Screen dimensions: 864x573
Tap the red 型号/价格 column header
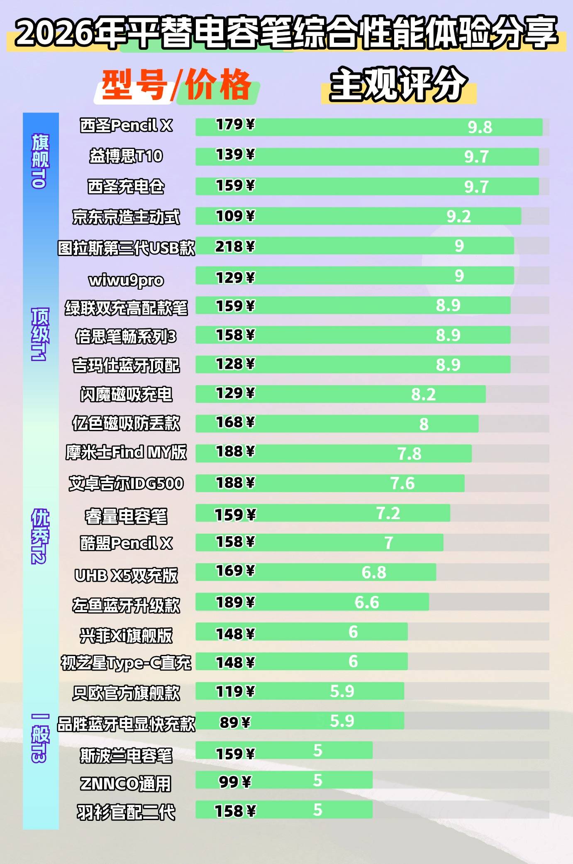point(176,85)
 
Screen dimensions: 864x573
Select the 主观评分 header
point(398,85)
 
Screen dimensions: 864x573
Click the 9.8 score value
point(480,127)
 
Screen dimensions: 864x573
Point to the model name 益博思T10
point(126,156)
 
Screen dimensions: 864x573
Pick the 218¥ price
point(234,247)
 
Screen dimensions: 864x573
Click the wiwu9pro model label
point(126,280)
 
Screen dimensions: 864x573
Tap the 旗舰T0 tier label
point(40,161)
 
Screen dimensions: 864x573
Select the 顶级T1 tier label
point(40,334)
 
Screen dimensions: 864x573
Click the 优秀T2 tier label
point(40,536)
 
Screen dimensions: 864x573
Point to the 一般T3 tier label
point(40,738)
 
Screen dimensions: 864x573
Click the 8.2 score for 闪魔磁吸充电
point(423,394)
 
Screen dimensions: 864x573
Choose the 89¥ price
point(235,722)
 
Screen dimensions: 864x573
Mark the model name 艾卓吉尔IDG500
point(126,483)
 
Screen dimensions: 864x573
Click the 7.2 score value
point(388,513)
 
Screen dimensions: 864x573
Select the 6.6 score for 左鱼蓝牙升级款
point(367,602)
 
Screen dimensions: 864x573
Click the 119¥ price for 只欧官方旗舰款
point(235,691)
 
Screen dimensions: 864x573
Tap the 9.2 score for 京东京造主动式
point(458,216)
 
